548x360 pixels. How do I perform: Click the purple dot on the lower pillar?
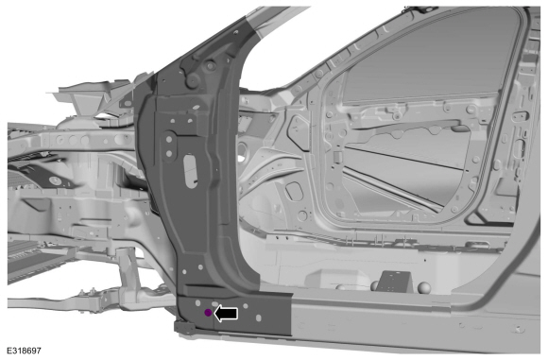(208, 313)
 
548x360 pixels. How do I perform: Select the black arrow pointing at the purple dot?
(226, 313)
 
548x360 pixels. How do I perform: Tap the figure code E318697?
(25, 351)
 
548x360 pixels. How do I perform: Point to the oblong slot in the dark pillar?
(191, 171)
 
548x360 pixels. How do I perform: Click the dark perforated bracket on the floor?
(394, 282)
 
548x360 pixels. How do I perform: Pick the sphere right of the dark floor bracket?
(424, 287)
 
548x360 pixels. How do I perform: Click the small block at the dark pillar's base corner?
(184, 328)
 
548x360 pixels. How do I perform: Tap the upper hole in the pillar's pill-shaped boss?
(169, 139)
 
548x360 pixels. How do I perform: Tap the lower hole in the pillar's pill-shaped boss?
(169, 153)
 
